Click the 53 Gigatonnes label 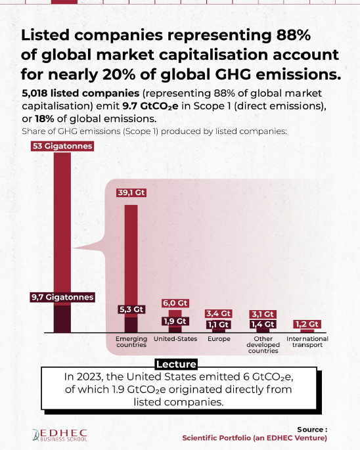62,146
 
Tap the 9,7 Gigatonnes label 62,297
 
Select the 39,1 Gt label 131,192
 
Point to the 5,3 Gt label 131,309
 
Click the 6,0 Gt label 175,303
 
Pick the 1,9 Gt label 175,321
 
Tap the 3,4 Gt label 219,313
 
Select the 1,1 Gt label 219,325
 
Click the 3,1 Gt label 263,314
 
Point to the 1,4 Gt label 263,325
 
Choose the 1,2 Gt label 307,325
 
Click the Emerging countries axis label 131,342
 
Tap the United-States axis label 175,339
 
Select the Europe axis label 219,339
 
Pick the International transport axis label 307,342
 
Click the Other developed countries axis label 263,345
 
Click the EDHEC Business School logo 60,435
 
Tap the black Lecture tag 176,364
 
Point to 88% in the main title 294,35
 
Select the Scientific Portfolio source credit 255,438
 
